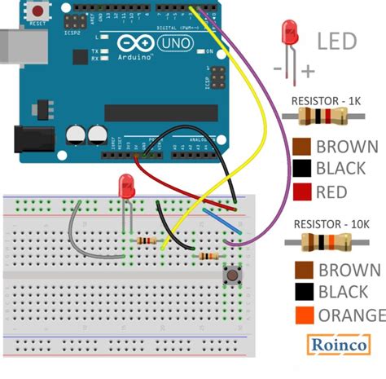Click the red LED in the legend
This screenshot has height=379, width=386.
pos(288,34)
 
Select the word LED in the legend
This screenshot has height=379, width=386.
pos(336,41)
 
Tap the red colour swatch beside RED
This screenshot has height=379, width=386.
pos(300,192)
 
